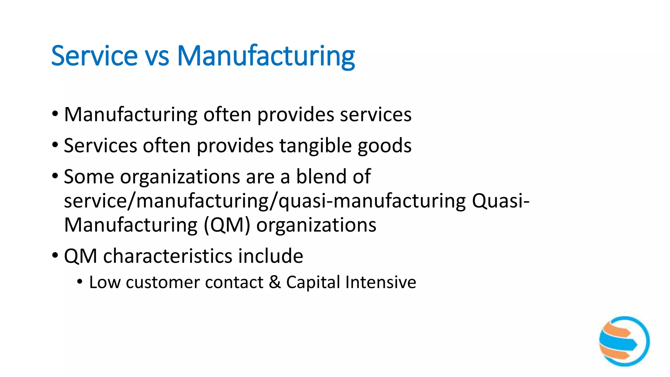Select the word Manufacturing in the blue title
click(x=266, y=56)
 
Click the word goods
click(x=384, y=146)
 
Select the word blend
click(x=321, y=176)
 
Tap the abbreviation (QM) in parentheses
click(x=227, y=225)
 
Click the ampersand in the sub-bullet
click(x=275, y=282)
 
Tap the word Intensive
click(x=381, y=282)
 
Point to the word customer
click(x=162, y=282)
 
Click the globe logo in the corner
click(x=624, y=341)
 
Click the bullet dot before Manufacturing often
click(x=55, y=114)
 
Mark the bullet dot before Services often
click(x=55, y=145)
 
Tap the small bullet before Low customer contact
click(x=80, y=281)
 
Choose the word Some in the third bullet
click(x=89, y=177)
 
